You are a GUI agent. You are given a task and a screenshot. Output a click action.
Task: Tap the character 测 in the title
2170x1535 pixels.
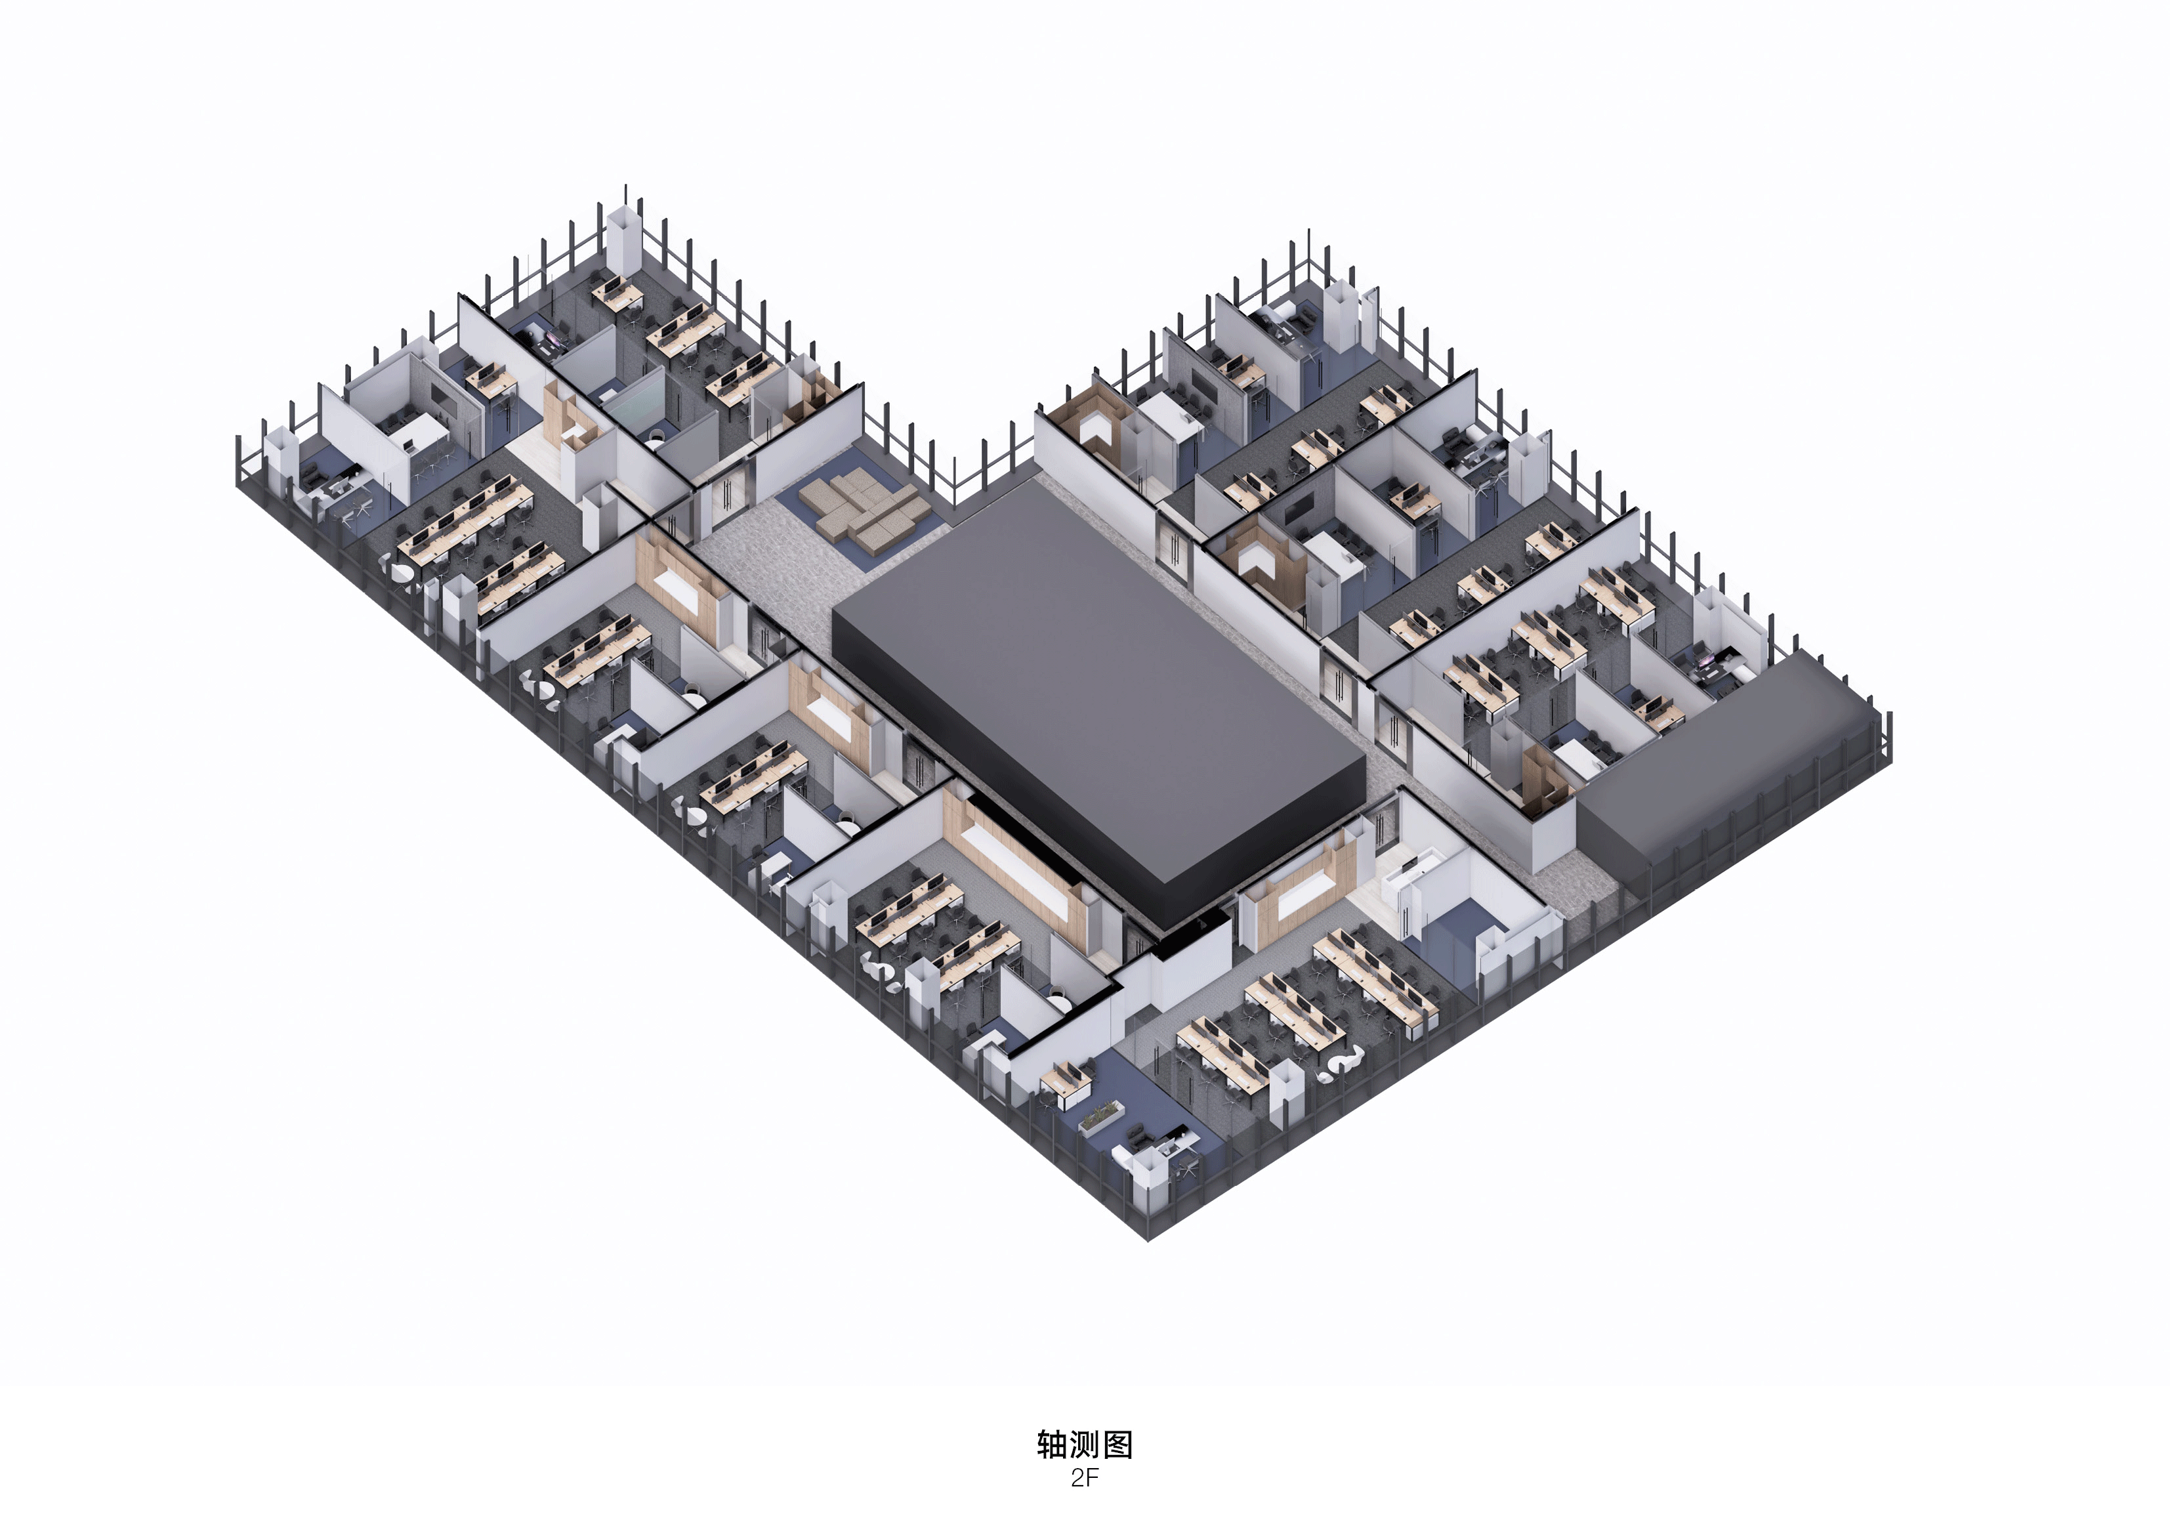coord(1085,1444)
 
